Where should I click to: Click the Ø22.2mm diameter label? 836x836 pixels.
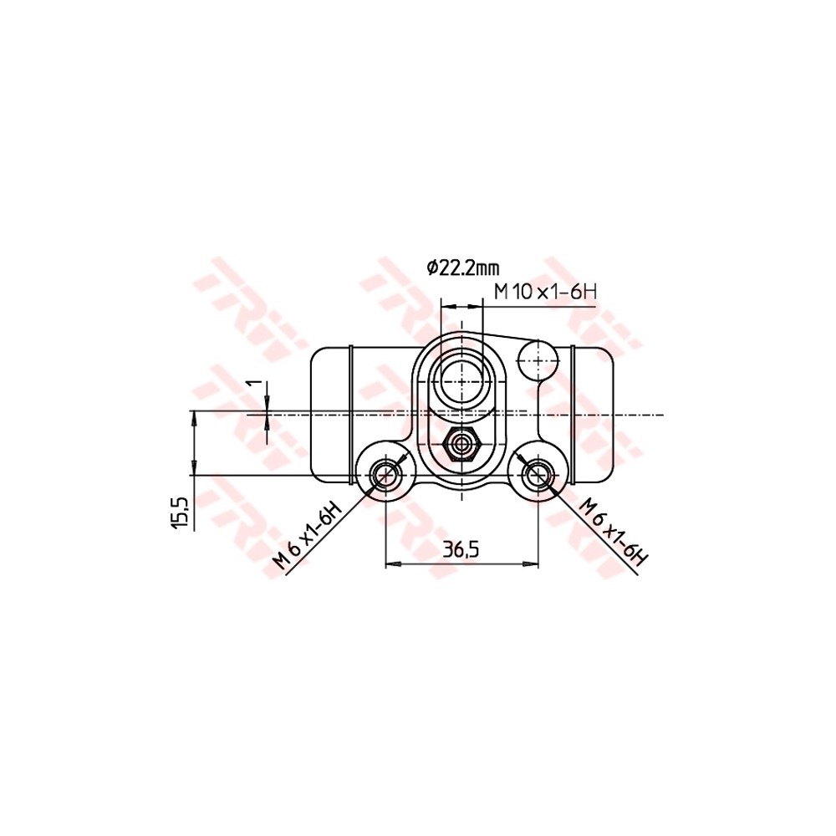point(462,268)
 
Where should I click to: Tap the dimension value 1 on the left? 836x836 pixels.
point(257,389)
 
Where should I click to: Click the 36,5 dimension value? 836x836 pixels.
point(461,549)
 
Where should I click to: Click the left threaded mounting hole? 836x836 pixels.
point(385,476)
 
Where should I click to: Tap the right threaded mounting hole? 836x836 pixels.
point(536,476)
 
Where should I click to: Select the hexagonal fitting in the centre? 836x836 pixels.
point(461,444)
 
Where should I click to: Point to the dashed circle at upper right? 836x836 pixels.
point(538,360)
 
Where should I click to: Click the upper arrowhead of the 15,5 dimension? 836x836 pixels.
point(194,416)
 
